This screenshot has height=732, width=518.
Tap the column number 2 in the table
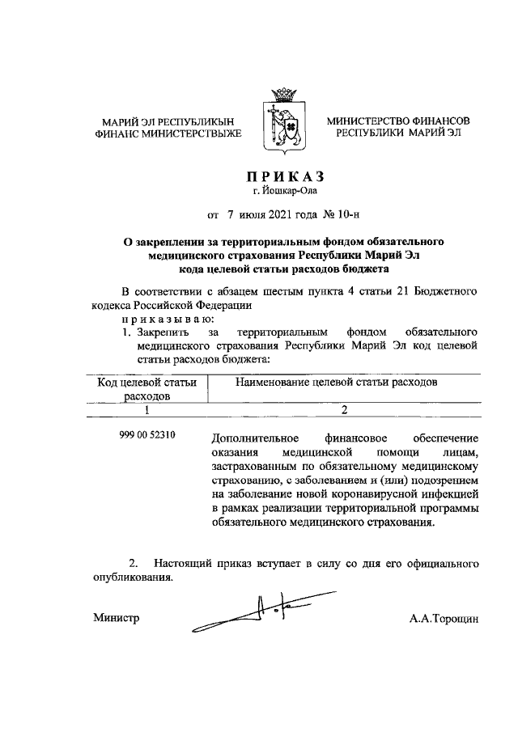point(343,411)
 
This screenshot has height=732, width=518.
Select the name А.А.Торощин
point(444,619)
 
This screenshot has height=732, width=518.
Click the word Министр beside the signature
point(116,619)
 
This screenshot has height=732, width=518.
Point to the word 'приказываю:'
point(163,319)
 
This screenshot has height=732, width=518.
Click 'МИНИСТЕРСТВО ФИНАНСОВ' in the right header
point(398,121)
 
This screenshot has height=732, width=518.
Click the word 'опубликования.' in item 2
point(131,579)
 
